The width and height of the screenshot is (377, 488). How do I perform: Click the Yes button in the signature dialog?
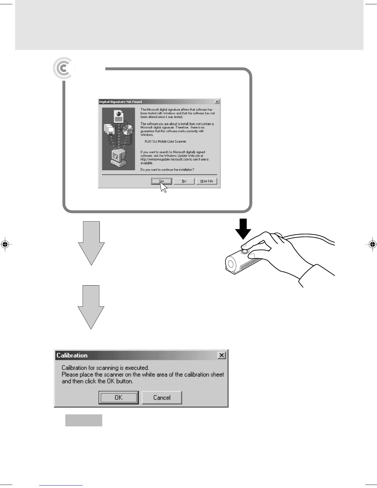point(161,181)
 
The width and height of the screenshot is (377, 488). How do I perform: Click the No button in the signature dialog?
point(184,181)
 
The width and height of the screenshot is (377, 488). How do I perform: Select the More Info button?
point(206,181)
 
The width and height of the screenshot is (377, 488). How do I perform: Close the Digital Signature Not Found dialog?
point(217,102)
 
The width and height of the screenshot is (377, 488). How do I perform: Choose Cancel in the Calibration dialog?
point(162,397)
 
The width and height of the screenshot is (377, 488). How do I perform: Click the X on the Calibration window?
point(221,355)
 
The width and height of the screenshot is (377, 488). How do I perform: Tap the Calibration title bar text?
point(72,355)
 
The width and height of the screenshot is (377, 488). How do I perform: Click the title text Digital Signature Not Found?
point(120,102)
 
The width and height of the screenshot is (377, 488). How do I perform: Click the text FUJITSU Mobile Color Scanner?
point(165,141)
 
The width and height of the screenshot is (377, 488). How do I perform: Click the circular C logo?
point(63,68)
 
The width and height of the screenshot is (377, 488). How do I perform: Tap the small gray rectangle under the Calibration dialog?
point(84,420)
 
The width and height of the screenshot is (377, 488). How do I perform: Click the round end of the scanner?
point(230,264)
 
